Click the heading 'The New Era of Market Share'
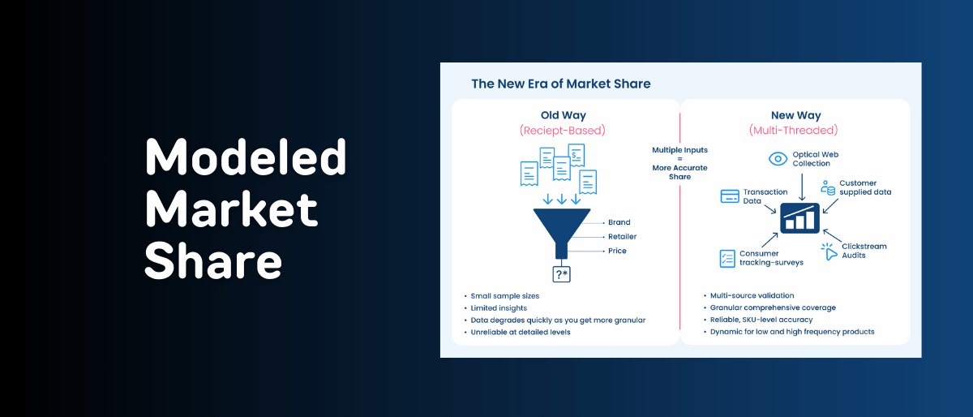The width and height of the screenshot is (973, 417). pyautogui.click(x=561, y=84)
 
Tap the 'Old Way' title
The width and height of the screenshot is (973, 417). pyautogui.click(x=563, y=115)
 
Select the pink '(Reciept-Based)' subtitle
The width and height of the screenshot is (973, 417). pyautogui.click(x=563, y=131)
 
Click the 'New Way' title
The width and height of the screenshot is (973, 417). pyautogui.click(x=795, y=115)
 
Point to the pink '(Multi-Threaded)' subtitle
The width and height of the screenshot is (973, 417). pyautogui.click(x=793, y=130)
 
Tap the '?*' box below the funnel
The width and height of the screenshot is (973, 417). pyautogui.click(x=561, y=274)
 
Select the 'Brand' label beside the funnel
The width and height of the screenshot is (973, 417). pyautogui.click(x=619, y=222)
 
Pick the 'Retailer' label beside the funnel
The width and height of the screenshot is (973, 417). pyautogui.click(x=622, y=237)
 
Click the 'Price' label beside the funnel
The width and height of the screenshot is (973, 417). pyautogui.click(x=617, y=251)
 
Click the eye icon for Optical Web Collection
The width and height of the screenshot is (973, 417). pyautogui.click(x=778, y=159)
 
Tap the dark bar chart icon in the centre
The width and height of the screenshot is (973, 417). pyautogui.click(x=799, y=218)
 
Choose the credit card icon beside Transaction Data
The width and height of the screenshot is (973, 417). pyautogui.click(x=730, y=196)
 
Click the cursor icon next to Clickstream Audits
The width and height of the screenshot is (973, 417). pyautogui.click(x=829, y=251)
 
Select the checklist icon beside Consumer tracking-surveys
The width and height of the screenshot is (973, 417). pyautogui.click(x=727, y=258)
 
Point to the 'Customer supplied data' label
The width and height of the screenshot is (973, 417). pyautogui.click(x=865, y=187)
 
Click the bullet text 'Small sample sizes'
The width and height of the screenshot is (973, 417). pyautogui.click(x=504, y=296)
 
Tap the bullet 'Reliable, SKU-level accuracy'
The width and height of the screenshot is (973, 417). pyautogui.click(x=761, y=320)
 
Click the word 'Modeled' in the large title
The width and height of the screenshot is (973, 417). pyautogui.click(x=246, y=157)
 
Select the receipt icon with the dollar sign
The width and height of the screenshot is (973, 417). pyautogui.click(x=577, y=155)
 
